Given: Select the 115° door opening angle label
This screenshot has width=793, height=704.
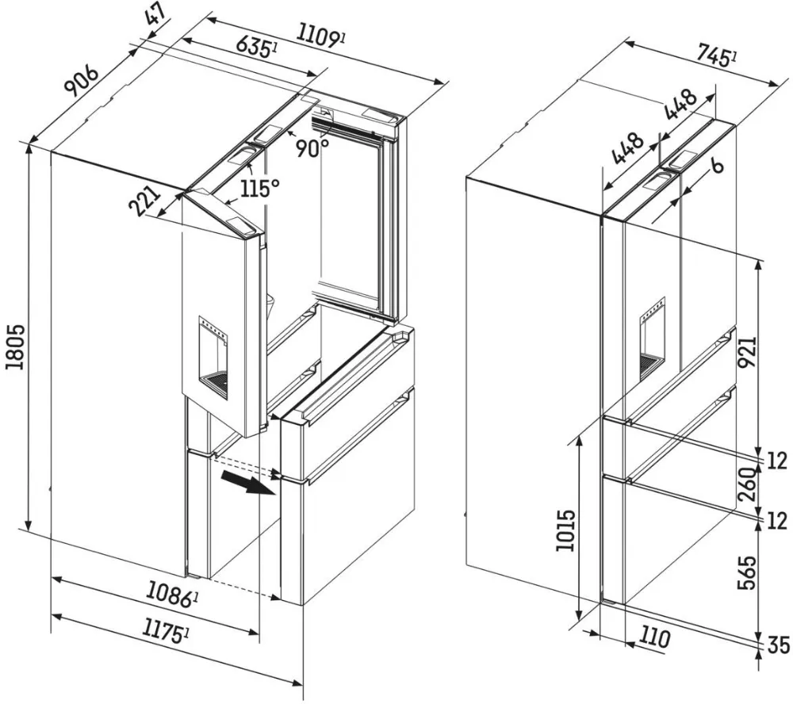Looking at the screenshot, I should (x=261, y=189).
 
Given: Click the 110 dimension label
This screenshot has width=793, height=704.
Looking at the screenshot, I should (x=654, y=637).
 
